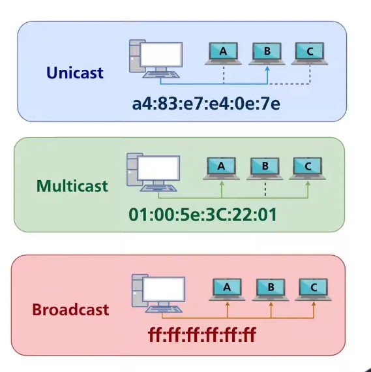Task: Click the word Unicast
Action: point(75,72)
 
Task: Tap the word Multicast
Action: point(72,185)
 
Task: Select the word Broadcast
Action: point(70,309)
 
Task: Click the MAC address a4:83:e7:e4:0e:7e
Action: point(206,104)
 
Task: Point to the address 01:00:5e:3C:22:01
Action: point(203,215)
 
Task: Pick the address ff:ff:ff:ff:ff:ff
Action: point(202,335)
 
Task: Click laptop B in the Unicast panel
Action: point(267,54)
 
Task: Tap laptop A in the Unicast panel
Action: point(223,54)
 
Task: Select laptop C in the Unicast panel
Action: point(310,54)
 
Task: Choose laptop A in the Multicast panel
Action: point(221,168)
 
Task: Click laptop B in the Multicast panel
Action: point(265,168)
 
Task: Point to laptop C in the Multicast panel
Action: point(308,168)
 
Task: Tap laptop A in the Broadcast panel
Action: point(227,290)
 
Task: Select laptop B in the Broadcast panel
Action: point(271,290)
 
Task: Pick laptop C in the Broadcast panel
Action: point(314,290)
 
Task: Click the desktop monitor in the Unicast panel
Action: point(162,55)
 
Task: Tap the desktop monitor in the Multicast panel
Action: point(159,168)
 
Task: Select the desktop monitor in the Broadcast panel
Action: point(164,289)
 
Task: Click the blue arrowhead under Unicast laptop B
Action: point(267,69)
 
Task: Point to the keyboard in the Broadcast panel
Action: point(164,309)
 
